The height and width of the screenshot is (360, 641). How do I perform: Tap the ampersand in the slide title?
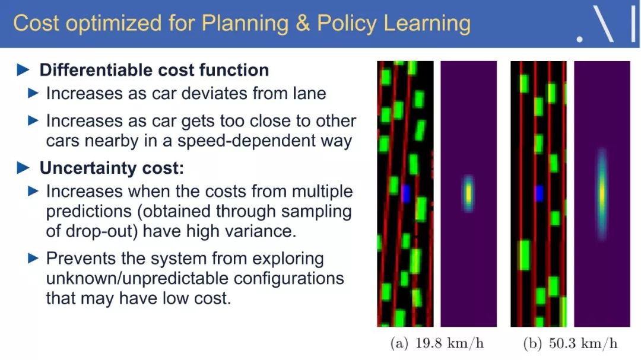[303, 23]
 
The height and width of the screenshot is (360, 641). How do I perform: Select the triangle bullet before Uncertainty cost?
[23, 168]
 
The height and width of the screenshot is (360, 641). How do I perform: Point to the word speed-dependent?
[245, 141]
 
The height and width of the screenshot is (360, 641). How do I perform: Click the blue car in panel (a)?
[405, 193]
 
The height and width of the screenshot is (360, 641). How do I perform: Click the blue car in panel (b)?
[539, 193]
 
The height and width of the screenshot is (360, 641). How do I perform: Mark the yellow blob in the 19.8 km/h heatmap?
[468, 194]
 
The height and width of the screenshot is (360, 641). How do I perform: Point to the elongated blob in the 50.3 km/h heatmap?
[602, 193]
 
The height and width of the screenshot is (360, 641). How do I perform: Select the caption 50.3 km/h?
[583, 343]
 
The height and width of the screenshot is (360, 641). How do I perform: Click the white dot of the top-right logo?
[579, 39]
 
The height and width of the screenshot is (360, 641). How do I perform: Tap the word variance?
[263, 231]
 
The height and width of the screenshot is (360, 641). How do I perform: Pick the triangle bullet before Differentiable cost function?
[23, 70]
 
